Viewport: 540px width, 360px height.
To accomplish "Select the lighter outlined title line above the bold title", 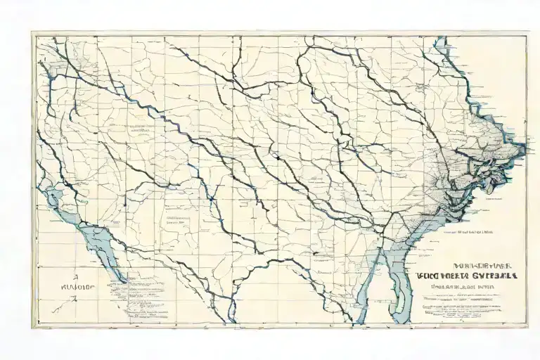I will click(466, 266).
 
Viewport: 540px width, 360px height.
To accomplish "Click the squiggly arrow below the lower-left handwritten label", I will click(70, 301).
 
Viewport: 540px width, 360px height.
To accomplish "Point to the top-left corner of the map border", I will click(32, 32).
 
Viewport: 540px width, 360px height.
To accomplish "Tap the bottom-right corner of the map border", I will click(527, 327).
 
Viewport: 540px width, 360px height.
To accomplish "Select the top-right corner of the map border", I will click(527, 32).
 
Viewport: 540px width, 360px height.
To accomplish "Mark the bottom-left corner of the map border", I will click(32, 327).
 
